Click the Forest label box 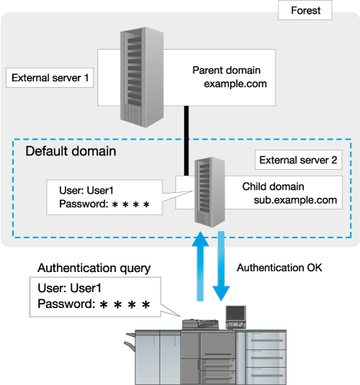[x=305, y=10]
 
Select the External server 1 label [x=50, y=78]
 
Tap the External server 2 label [x=298, y=160]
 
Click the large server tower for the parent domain [x=142, y=77]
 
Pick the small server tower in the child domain [x=210, y=192]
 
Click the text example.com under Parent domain [x=235, y=83]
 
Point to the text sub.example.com [x=295, y=200]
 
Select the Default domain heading [x=71, y=151]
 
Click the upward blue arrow [x=200, y=266]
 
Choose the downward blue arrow [x=221, y=266]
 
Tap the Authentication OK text [x=279, y=268]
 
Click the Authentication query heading [x=94, y=268]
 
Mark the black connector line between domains [x=186, y=141]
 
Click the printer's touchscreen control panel [x=236, y=317]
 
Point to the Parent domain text [x=226, y=71]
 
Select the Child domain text [x=274, y=186]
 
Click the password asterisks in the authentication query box [x=125, y=304]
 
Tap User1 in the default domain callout [x=100, y=191]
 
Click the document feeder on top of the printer [x=200, y=325]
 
